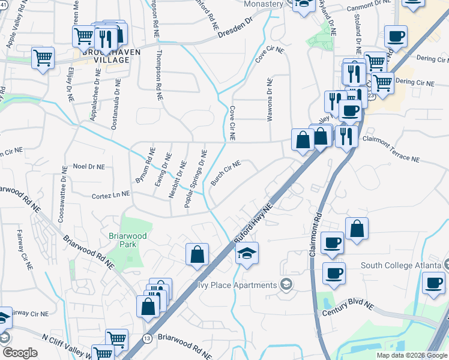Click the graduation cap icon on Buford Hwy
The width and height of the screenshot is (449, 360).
247,253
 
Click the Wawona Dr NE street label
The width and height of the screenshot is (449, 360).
270,100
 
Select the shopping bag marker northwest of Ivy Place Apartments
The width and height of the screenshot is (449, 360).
197,254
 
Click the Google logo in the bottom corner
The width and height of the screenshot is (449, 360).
19,353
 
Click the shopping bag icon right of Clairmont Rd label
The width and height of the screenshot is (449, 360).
357,229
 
